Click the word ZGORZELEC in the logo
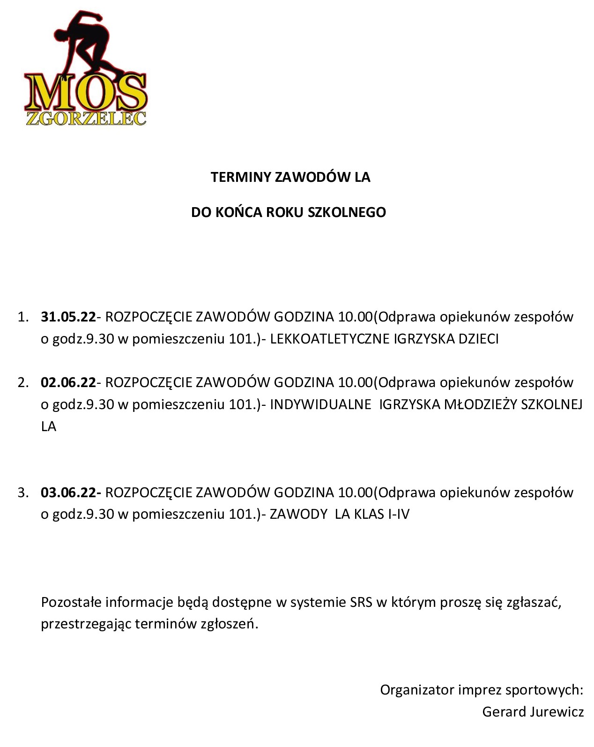click(x=86, y=118)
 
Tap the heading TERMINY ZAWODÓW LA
click(x=290, y=177)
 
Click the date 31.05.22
click(x=68, y=317)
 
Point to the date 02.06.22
click(x=68, y=383)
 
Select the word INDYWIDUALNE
click(x=320, y=404)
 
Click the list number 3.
click(x=22, y=493)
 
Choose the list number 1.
click(x=22, y=317)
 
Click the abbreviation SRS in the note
click(x=361, y=602)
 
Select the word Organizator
click(x=417, y=690)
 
